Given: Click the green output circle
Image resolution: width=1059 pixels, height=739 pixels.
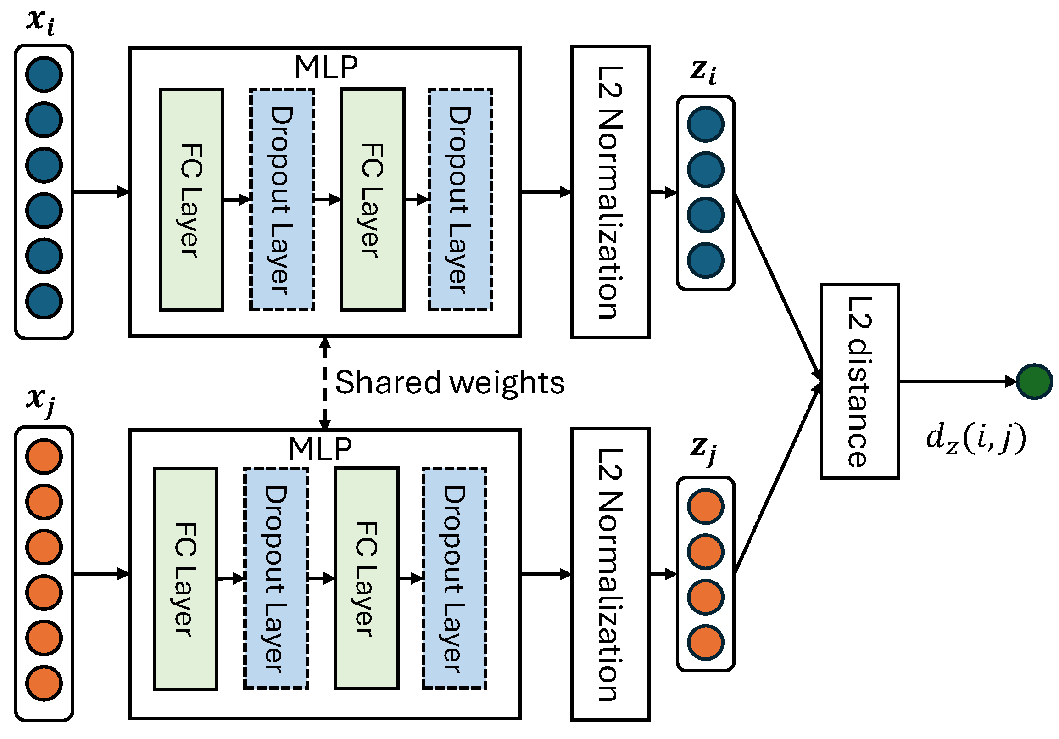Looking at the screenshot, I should (x=1034, y=381).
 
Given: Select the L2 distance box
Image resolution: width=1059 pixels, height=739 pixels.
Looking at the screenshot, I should (x=860, y=381).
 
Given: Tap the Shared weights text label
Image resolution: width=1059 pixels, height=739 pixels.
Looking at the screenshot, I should (x=450, y=382).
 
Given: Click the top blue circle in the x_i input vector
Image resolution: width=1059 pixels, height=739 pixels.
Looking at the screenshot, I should (x=44, y=74).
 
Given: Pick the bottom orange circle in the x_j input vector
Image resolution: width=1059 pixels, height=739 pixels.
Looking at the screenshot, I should (x=44, y=683).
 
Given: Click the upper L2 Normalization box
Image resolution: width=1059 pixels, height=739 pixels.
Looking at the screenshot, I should (x=610, y=192).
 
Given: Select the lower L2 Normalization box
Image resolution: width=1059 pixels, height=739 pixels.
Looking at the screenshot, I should (x=610, y=574).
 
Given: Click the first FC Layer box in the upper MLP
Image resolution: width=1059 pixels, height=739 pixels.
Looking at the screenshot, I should (x=191, y=200).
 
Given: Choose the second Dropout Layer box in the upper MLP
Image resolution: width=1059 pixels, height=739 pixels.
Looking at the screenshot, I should (x=460, y=200).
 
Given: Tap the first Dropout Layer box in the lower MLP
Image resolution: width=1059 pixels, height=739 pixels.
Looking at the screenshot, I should (x=276, y=578).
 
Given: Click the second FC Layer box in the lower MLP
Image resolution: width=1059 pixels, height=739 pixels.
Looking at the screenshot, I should (x=367, y=578).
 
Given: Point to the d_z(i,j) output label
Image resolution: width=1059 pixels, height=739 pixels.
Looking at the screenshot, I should (x=975, y=438).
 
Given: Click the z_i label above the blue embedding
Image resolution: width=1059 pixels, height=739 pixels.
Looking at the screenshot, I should (x=703, y=72).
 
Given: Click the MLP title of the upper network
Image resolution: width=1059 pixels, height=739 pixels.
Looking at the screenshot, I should (x=326, y=67).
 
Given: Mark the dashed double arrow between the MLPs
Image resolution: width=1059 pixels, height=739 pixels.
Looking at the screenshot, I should (x=325, y=382).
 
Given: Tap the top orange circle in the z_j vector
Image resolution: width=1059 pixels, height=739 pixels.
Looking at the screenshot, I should (x=705, y=506).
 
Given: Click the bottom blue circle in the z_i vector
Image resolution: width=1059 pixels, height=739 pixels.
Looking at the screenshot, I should (x=705, y=260).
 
